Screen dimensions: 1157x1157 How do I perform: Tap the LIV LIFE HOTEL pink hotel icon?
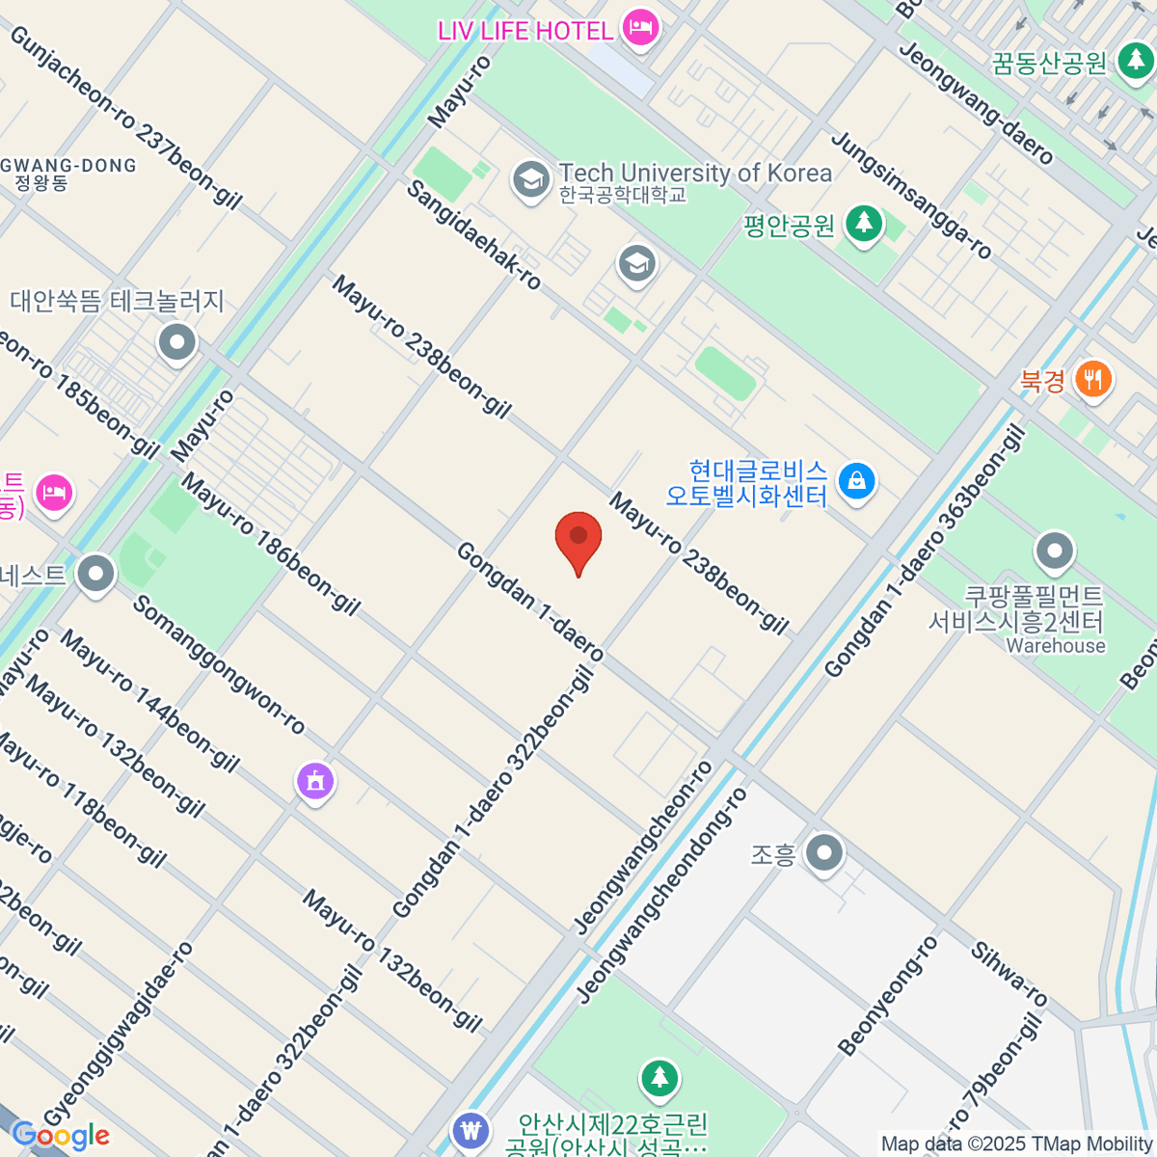639,28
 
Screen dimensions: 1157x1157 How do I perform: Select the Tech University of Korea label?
694,174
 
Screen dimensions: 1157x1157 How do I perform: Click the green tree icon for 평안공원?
864,225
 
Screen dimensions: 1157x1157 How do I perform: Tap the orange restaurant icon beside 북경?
1091,379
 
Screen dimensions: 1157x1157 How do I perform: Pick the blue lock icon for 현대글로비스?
855,480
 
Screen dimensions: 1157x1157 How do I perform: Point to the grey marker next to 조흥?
824,853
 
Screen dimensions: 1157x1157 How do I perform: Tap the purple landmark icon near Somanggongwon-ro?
315,780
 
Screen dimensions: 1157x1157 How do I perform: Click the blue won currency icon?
471,1129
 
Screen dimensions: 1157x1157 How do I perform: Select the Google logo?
61,1136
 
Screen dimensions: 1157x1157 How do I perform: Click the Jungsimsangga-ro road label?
911,197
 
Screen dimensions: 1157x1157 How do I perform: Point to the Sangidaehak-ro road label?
473,234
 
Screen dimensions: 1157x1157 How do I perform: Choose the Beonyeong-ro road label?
887,996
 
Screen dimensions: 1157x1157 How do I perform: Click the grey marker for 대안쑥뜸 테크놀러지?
176,342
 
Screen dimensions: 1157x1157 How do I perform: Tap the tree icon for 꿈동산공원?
1134,63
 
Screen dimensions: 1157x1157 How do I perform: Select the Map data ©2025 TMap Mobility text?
1017,1144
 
